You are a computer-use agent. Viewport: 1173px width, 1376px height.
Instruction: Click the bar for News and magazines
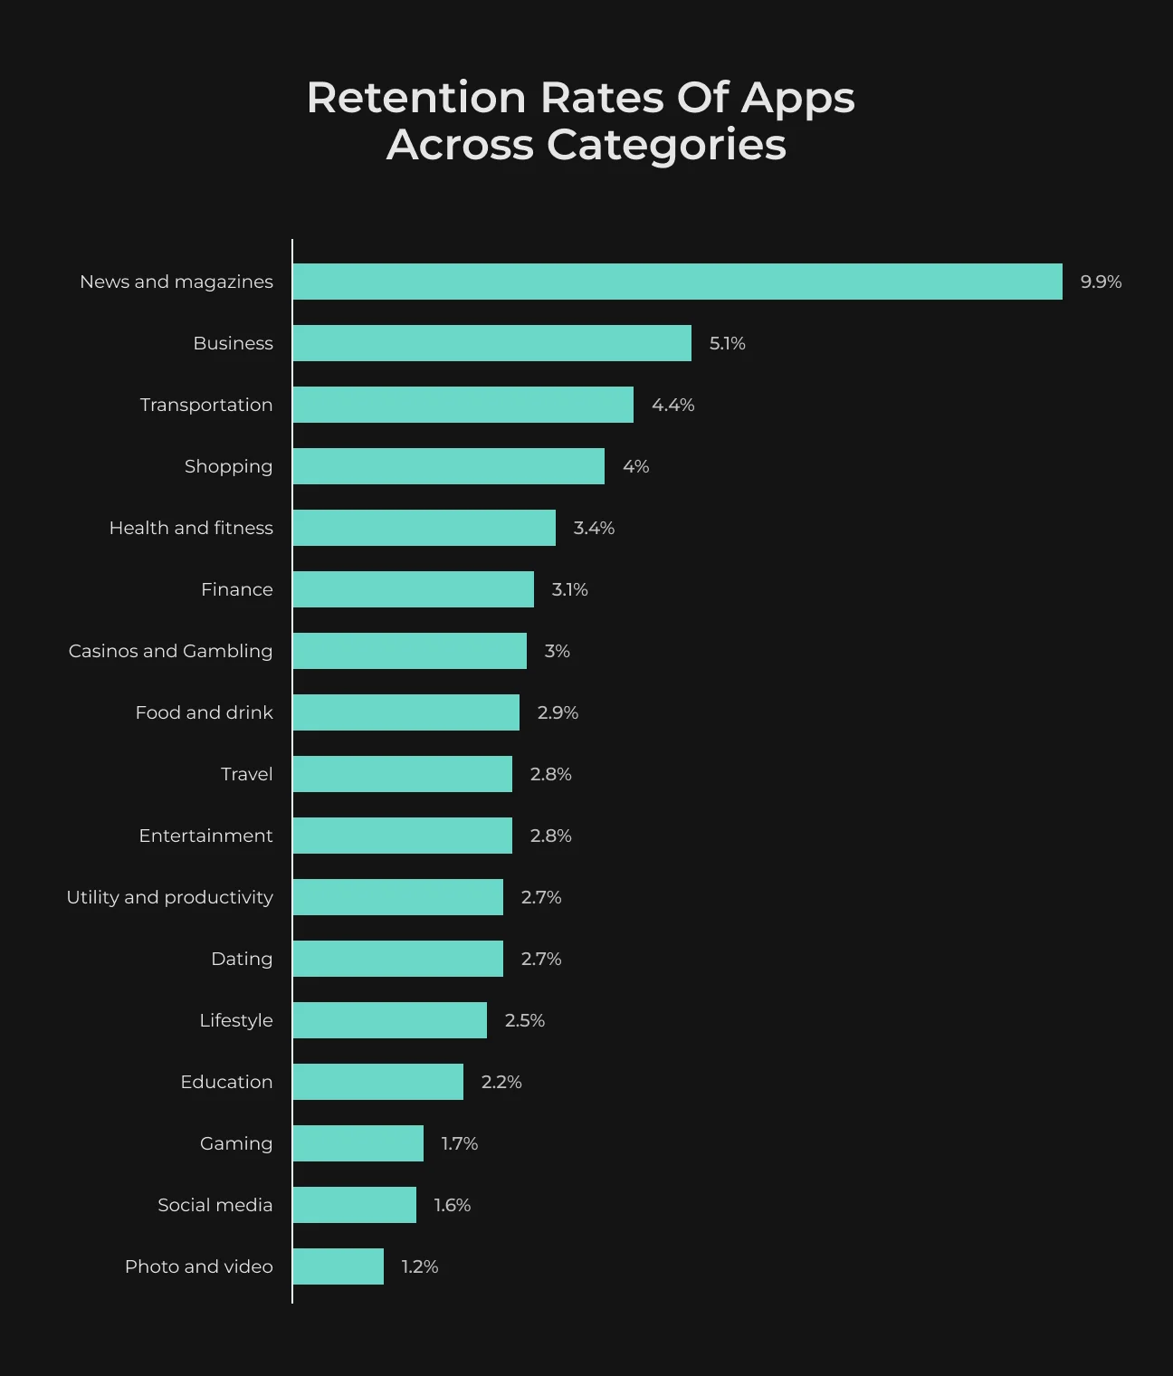[678, 282]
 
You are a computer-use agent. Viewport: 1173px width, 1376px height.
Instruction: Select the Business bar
[492, 343]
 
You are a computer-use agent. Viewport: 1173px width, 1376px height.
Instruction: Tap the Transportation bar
[463, 405]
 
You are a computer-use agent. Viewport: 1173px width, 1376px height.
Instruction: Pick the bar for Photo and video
[339, 1266]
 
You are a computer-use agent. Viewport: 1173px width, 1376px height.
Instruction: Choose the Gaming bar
[358, 1143]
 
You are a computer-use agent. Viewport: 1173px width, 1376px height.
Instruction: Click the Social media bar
[355, 1205]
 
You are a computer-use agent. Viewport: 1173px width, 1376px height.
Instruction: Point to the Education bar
[378, 1082]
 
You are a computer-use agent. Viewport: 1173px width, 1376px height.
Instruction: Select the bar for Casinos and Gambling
[409, 651]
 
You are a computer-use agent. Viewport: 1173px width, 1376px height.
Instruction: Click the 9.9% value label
[1101, 282]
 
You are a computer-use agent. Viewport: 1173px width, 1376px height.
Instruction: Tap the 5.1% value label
[728, 343]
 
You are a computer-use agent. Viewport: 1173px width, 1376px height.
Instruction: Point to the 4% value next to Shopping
[635, 466]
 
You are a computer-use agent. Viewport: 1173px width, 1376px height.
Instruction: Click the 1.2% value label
[420, 1266]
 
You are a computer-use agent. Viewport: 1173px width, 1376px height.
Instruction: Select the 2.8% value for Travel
[551, 774]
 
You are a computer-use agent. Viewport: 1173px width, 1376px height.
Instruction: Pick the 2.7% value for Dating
[541, 959]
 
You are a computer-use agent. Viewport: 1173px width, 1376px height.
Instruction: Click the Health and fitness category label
[191, 528]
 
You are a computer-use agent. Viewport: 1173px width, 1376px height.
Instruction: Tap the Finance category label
[237, 589]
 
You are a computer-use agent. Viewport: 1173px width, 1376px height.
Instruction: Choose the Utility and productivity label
[170, 897]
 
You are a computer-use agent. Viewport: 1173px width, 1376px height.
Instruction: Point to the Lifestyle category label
[236, 1020]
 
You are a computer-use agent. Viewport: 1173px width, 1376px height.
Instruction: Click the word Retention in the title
[416, 98]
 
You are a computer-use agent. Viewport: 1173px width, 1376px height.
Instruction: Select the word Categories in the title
[666, 145]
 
